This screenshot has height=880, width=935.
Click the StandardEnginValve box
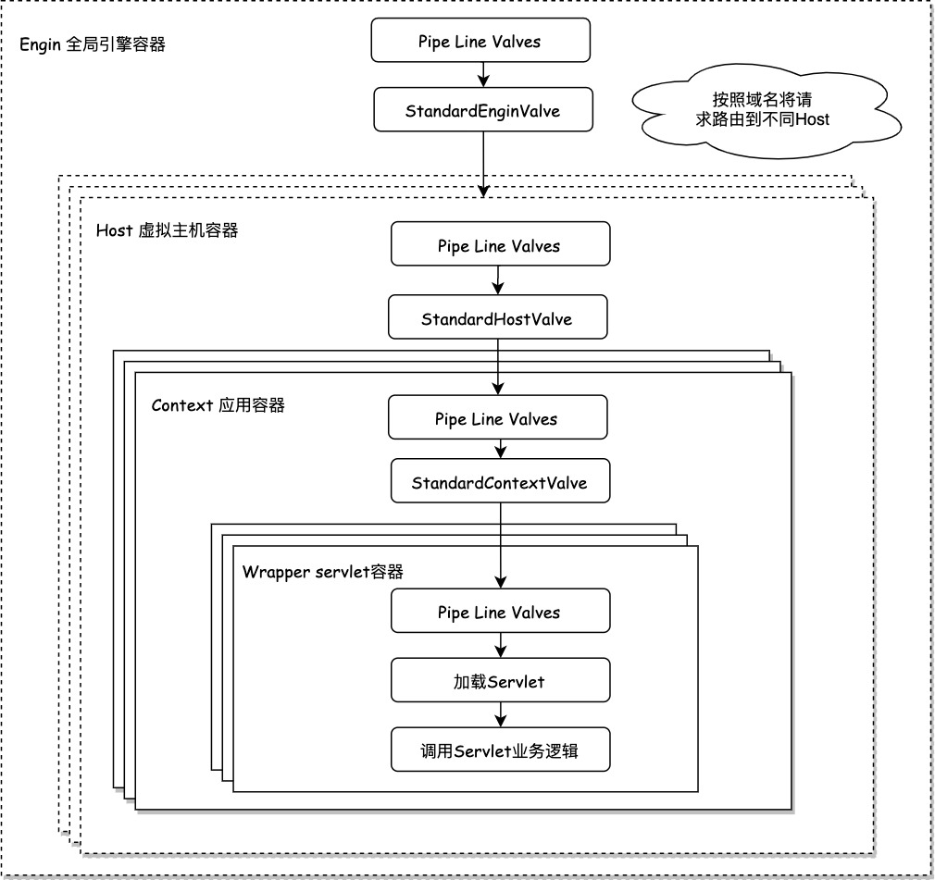(x=482, y=110)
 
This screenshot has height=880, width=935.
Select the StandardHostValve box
(x=497, y=318)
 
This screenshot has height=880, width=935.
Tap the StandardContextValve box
(x=500, y=482)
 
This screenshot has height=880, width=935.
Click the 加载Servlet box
(x=501, y=681)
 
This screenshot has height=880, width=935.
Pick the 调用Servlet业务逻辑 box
(x=501, y=750)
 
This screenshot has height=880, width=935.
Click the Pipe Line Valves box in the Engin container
(x=480, y=41)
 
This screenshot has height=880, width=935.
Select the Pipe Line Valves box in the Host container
(x=500, y=245)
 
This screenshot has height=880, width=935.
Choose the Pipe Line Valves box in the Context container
(x=497, y=418)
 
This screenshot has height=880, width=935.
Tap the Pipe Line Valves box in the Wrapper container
(x=501, y=612)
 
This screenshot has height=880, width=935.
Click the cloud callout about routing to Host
(x=763, y=110)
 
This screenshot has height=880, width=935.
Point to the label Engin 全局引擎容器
(x=93, y=43)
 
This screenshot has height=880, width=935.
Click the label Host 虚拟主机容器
(x=167, y=230)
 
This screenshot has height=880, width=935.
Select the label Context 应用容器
(x=218, y=405)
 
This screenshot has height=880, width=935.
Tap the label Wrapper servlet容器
(x=322, y=572)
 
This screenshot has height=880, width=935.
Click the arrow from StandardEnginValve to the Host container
(x=483, y=163)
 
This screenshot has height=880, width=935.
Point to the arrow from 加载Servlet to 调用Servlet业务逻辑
(x=501, y=714)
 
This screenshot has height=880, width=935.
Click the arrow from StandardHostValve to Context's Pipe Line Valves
(x=498, y=366)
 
